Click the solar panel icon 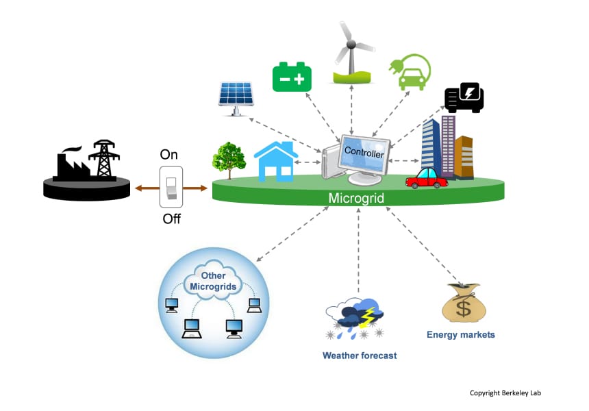click(236, 99)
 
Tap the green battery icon click(292, 77)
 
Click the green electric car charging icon click(410, 72)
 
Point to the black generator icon click(464, 98)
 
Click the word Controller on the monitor click(364, 152)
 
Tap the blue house click(276, 162)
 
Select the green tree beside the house click(229, 160)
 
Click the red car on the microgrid click(427, 179)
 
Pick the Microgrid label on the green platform click(356, 198)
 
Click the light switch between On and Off click(171, 187)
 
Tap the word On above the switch click(168, 154)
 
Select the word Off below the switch click(172, 219)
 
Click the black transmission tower click(104, 158)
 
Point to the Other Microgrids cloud click(213, 281)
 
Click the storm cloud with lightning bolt click(355, 318)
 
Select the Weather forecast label click(360, 356)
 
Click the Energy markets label click(460, 335)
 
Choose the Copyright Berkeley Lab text click(505, 393)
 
